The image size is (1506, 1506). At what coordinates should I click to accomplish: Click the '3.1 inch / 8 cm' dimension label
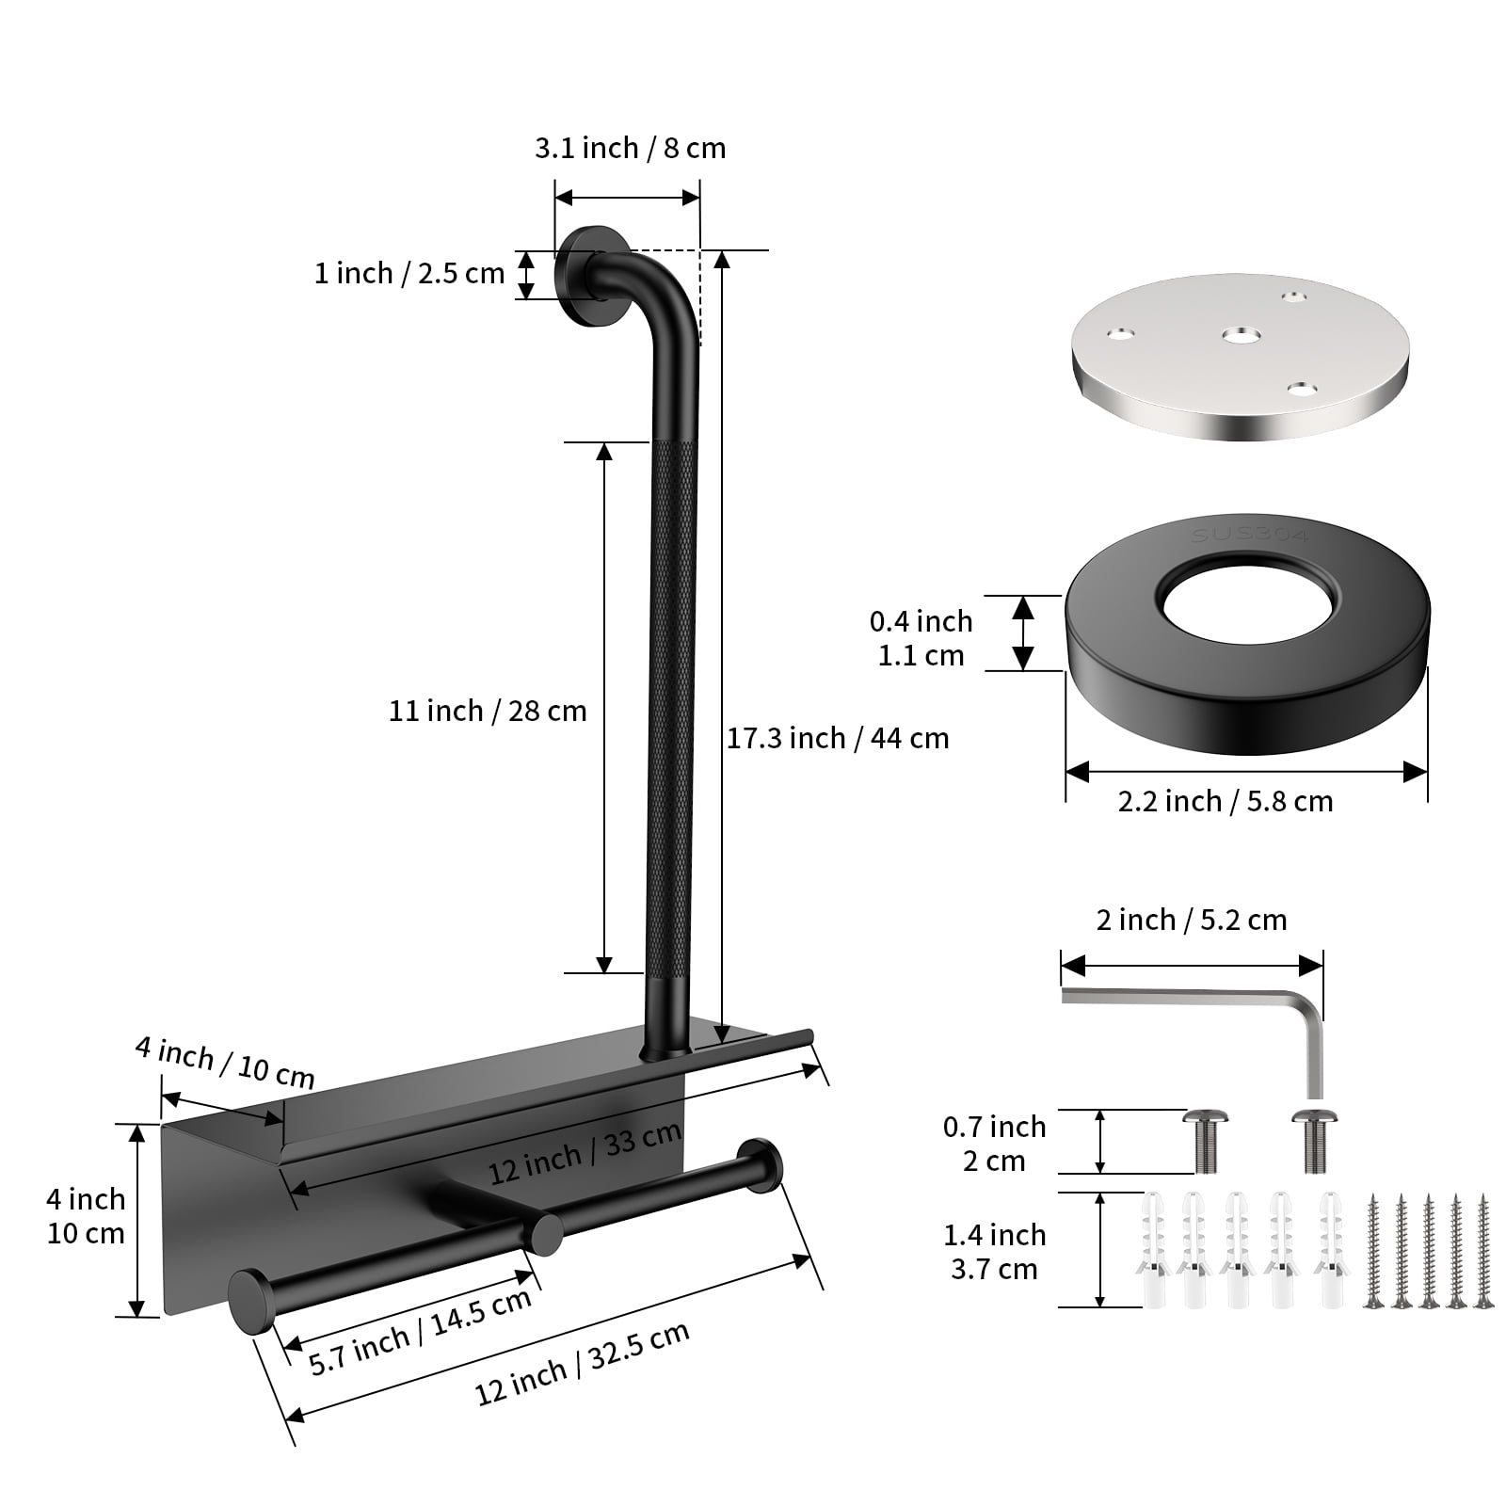tap(631, 149)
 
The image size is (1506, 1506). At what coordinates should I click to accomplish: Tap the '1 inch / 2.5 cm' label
tap(409, 274)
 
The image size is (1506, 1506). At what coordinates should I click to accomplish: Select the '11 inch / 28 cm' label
tap(488, 711)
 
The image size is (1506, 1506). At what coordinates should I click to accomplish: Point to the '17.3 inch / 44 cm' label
tap(838, 739)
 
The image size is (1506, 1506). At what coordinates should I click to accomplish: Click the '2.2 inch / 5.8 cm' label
tap(1226, 802)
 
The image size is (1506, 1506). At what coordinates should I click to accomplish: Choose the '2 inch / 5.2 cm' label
tap(1192, 920)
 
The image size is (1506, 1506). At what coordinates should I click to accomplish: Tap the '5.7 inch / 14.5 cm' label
tap(421, 1331)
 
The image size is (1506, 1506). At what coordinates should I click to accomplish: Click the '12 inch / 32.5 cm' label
tap(583, 1362)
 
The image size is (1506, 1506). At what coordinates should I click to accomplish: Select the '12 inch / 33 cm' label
tap(585, 1154)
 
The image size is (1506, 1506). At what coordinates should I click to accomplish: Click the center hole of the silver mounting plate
tap(1242, 334)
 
